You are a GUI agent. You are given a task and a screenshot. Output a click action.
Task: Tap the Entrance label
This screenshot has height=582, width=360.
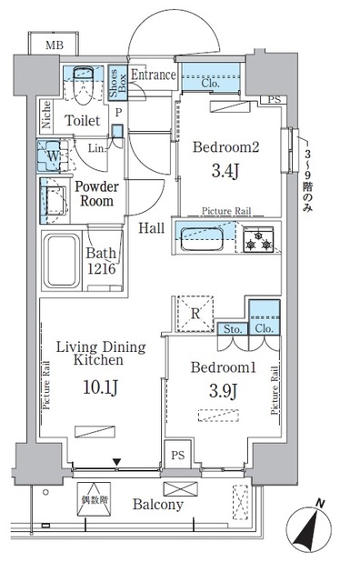pyautogui.click(x=152, y=75)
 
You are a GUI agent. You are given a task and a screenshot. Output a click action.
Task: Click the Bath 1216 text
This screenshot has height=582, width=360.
pyautogui.click(x=103, y=263)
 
